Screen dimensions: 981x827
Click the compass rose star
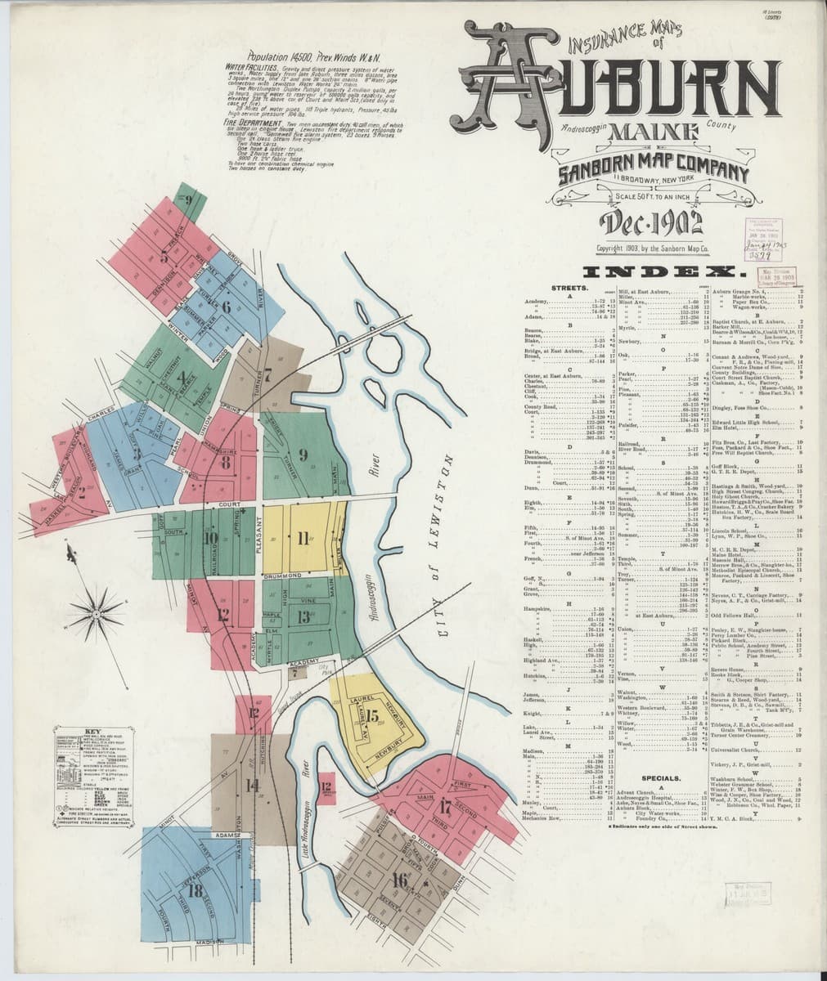96,607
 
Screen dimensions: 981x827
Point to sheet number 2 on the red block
81,490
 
